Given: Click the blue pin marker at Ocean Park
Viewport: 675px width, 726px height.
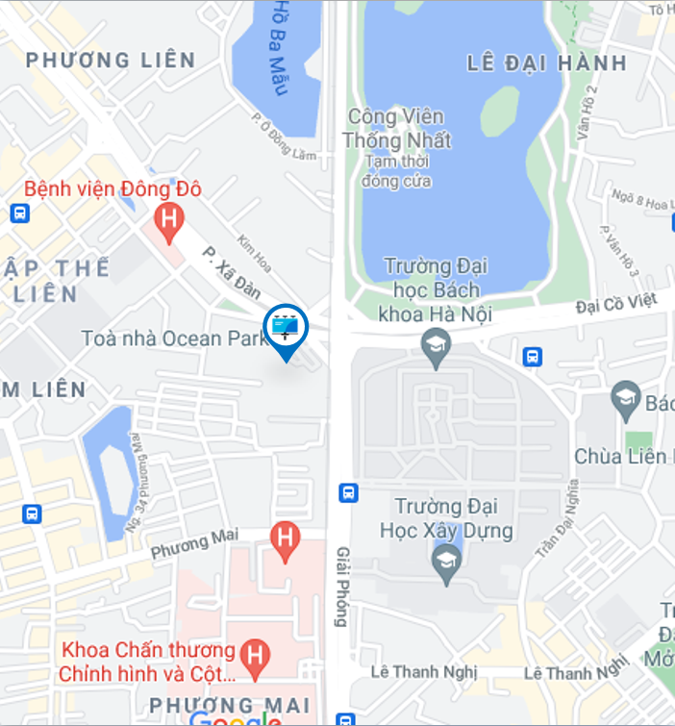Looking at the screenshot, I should pyautogui.click(x=286, y=329).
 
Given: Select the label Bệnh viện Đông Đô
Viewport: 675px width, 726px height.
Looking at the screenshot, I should pyautogui.click(x=112, y=189).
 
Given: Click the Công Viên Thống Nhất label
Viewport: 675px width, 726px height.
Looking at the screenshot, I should pyautogui.click(x=396, y=129).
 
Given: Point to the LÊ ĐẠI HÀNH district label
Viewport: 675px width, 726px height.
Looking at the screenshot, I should pyautogui.click(x=546, y=64).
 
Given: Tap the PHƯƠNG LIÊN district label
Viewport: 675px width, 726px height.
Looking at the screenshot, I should pyautogui.click(x=111, y=61).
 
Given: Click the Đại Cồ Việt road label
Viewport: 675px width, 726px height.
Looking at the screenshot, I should pyautogui.click(x=616, y=304).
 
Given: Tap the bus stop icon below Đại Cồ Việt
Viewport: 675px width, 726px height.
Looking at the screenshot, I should pyautogui.click(x=532, y=357).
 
